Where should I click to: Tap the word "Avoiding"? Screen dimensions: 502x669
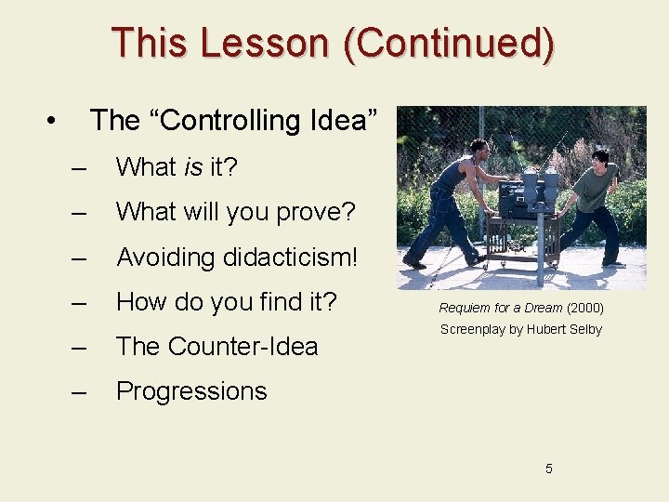(160, 257)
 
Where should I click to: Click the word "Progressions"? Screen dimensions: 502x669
(191, 391)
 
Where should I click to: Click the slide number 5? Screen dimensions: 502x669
(548, 469)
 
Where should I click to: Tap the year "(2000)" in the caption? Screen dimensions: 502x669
(584, 308)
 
